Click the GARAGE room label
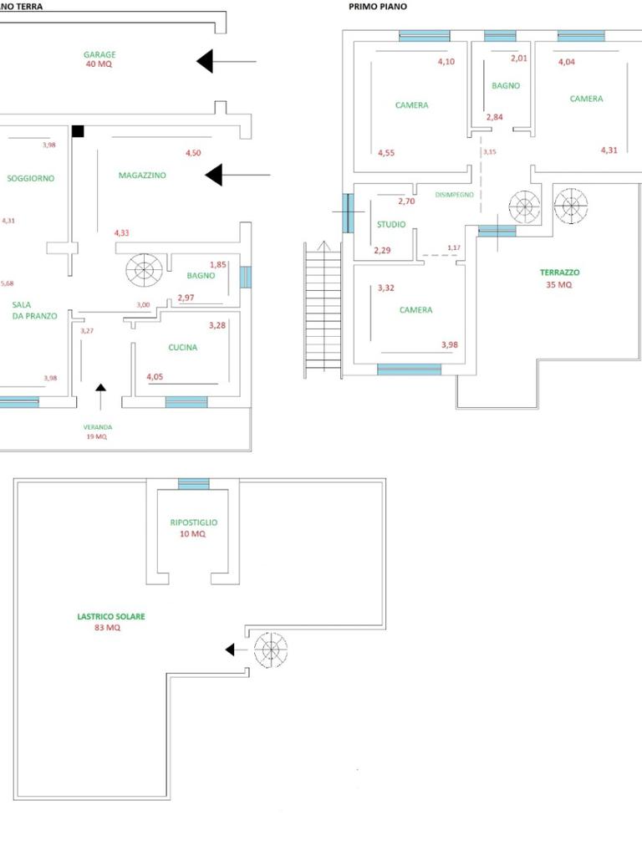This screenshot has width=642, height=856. coord(99,54)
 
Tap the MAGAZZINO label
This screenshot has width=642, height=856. coord(142,176)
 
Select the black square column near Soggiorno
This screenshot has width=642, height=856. coord(78,131)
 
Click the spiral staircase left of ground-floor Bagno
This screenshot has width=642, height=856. coord(144,269)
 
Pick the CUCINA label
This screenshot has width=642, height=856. coord(183,348)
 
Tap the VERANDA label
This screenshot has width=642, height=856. coord(97,427)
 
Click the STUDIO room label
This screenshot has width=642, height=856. coord(391,225)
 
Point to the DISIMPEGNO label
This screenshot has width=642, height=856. coord(454,195)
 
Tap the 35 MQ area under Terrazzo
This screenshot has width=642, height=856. coord(559,285)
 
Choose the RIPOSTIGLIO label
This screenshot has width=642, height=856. coord(193,522)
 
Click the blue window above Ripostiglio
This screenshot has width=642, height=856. coord(194,484)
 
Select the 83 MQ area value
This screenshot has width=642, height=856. coord(107,628)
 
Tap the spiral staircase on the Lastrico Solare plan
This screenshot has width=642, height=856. coord(269,650)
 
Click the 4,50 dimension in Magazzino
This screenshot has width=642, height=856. coord(193,153)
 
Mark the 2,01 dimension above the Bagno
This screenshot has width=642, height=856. coord(519,58)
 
